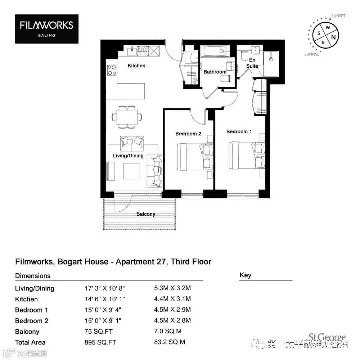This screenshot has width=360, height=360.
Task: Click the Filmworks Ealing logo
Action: click(x=47, y=29)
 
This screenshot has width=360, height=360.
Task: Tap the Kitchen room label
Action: click(x=136, y=66)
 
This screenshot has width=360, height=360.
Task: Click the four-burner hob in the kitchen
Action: click(x=112, y=70)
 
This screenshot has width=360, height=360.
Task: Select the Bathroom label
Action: click(x=215, y=72)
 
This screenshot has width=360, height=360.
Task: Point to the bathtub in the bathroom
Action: click(x=215, y=51)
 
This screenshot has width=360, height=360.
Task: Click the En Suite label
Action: click(x=252, y=63)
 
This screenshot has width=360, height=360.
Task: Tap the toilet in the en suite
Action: click(x=244, y=55)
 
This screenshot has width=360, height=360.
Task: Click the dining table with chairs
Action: click(x=127, y=117)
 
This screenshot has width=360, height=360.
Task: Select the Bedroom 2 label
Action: click(x=188, y=134)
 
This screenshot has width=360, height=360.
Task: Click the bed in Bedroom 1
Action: click(x=247, y=155)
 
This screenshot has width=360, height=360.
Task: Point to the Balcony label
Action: click(x=146, y=214)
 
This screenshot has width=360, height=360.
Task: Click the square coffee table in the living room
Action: click(x=131, y=171)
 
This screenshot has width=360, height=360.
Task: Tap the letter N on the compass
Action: click(x=333, y=37)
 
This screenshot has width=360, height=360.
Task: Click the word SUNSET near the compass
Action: click(x=338, y=16)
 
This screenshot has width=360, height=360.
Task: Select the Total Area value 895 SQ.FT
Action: click(x=100, y=342)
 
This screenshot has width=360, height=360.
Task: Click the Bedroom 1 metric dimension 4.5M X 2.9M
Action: click(x=172, y=309)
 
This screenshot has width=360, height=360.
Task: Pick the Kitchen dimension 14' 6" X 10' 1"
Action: click(x=105, y=299)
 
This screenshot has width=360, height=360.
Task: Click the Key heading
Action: click(x=245, y=275)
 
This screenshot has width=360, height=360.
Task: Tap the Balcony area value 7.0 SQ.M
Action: click(x=168, y=331)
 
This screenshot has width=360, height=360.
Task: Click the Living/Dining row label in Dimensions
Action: click(x=35, y=288)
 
